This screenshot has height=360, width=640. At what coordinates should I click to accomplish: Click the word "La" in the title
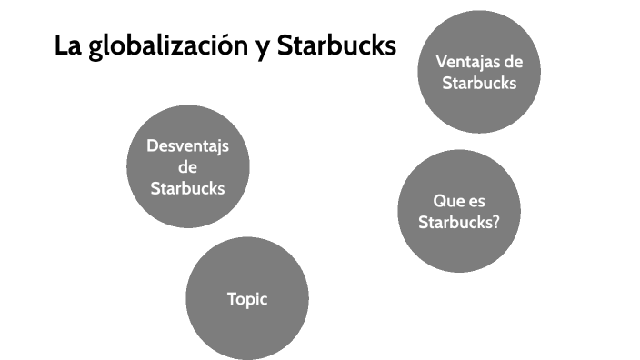tap(67, 45)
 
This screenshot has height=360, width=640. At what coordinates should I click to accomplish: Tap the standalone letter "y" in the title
tap(261, 48)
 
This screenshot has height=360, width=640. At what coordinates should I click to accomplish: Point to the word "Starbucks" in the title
tap(336, 45)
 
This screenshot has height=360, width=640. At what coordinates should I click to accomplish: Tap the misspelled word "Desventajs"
tap(187, 146)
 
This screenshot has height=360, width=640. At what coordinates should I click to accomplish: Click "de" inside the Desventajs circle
tap(187, 167)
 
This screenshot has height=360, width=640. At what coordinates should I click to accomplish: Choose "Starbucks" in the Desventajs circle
tap(187, 188)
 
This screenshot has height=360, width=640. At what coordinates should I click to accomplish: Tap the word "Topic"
tap(247, 298)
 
